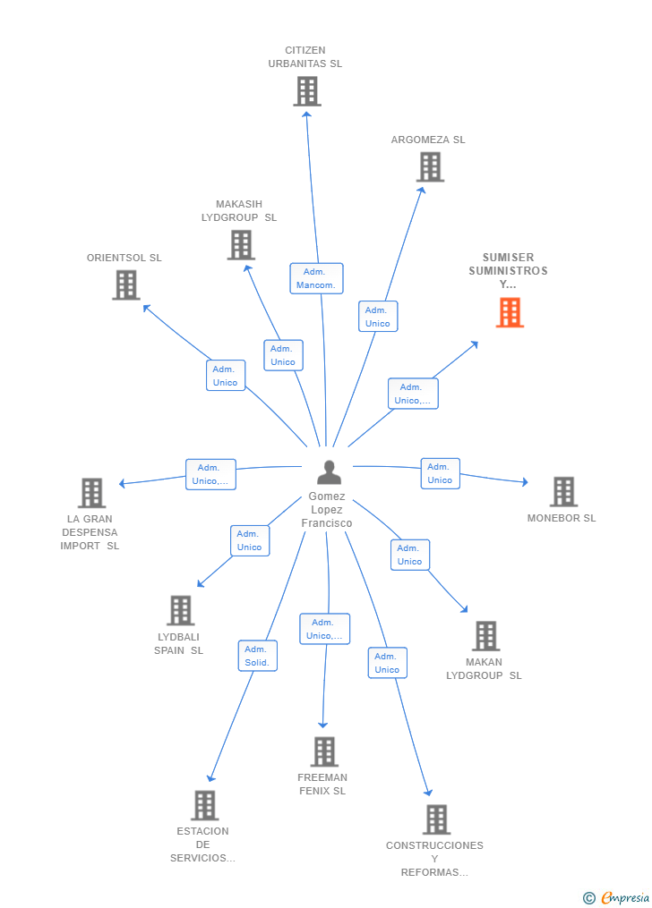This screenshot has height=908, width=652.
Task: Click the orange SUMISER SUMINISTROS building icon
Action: coord(510,313)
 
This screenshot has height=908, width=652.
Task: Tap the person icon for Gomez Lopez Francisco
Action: coord(330,472)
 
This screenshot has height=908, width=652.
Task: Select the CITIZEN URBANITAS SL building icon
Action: coord(306,91)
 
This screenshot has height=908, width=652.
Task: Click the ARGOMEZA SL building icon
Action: coord(430,166)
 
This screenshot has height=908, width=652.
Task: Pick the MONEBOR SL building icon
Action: coord(563,492)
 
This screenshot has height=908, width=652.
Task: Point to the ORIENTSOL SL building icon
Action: coord(125,284)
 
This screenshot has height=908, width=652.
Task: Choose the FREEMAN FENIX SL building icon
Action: coord(324,751)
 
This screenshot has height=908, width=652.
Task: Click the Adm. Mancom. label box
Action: coord(316,278)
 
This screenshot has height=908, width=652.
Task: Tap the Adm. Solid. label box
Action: coord(257,656)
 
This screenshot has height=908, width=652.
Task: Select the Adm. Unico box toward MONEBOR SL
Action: coord(440,473)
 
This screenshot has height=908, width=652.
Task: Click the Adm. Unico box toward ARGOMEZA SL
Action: coord(378,316)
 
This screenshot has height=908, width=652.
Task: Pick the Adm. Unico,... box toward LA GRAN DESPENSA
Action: coord(210,474)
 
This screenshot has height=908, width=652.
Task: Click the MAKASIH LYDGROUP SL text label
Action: coord(239,211)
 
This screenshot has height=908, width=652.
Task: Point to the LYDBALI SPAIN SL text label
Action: coord(178,643)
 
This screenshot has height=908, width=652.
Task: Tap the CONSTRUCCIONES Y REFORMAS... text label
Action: coord(434,859)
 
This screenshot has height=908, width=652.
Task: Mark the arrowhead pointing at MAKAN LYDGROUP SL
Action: coord(464,608)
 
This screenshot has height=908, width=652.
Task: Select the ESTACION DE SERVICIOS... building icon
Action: coord(205,805)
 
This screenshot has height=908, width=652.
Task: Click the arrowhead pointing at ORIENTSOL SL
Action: coord(147,308)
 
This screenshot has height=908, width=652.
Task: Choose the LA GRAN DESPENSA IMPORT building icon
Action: coord(91,493)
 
